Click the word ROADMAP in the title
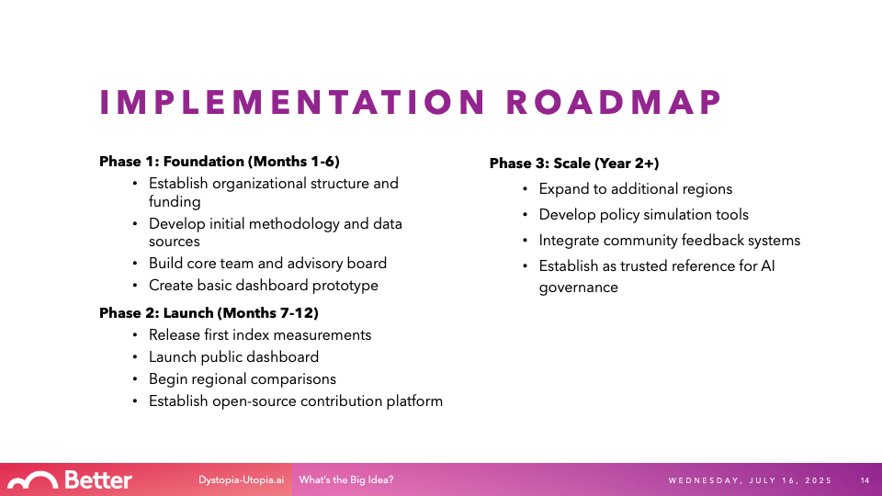tap(614, 102)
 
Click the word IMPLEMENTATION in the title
tap(292, 102)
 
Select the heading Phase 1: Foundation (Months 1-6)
tap(220, 162)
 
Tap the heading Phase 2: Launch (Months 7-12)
tap(209, 313)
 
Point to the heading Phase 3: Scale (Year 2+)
tap(573, 163)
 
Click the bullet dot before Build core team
tap(135, 264)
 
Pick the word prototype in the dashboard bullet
tap(345, 286)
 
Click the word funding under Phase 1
tap(175, 201)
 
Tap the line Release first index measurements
tap(260, 335)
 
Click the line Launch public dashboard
tap(233, 357)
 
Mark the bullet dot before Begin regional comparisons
tap(135, 379)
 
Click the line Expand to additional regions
tap(636, 189)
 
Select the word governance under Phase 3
tap(578, 287)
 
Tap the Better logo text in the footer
tap(98, 480)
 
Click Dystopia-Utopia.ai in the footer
tap(241, 480)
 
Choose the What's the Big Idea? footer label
tap(346, 480)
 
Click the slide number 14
tap(865, 480)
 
